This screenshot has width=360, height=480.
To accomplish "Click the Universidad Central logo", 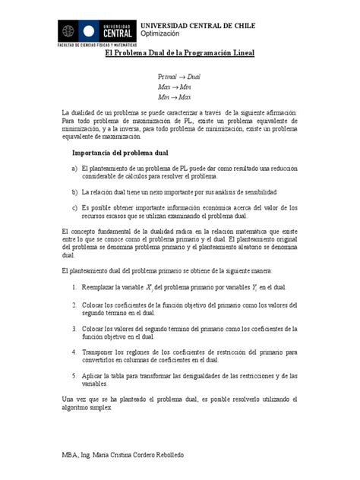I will [99, 31].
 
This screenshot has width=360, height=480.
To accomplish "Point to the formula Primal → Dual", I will [179, 77].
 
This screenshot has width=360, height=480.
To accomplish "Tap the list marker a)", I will [74, 168].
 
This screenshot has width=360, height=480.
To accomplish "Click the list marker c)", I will [74, 207].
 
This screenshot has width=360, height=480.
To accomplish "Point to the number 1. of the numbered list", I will [74, 286].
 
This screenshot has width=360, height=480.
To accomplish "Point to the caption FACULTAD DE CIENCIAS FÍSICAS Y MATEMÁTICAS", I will [97, 46].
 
